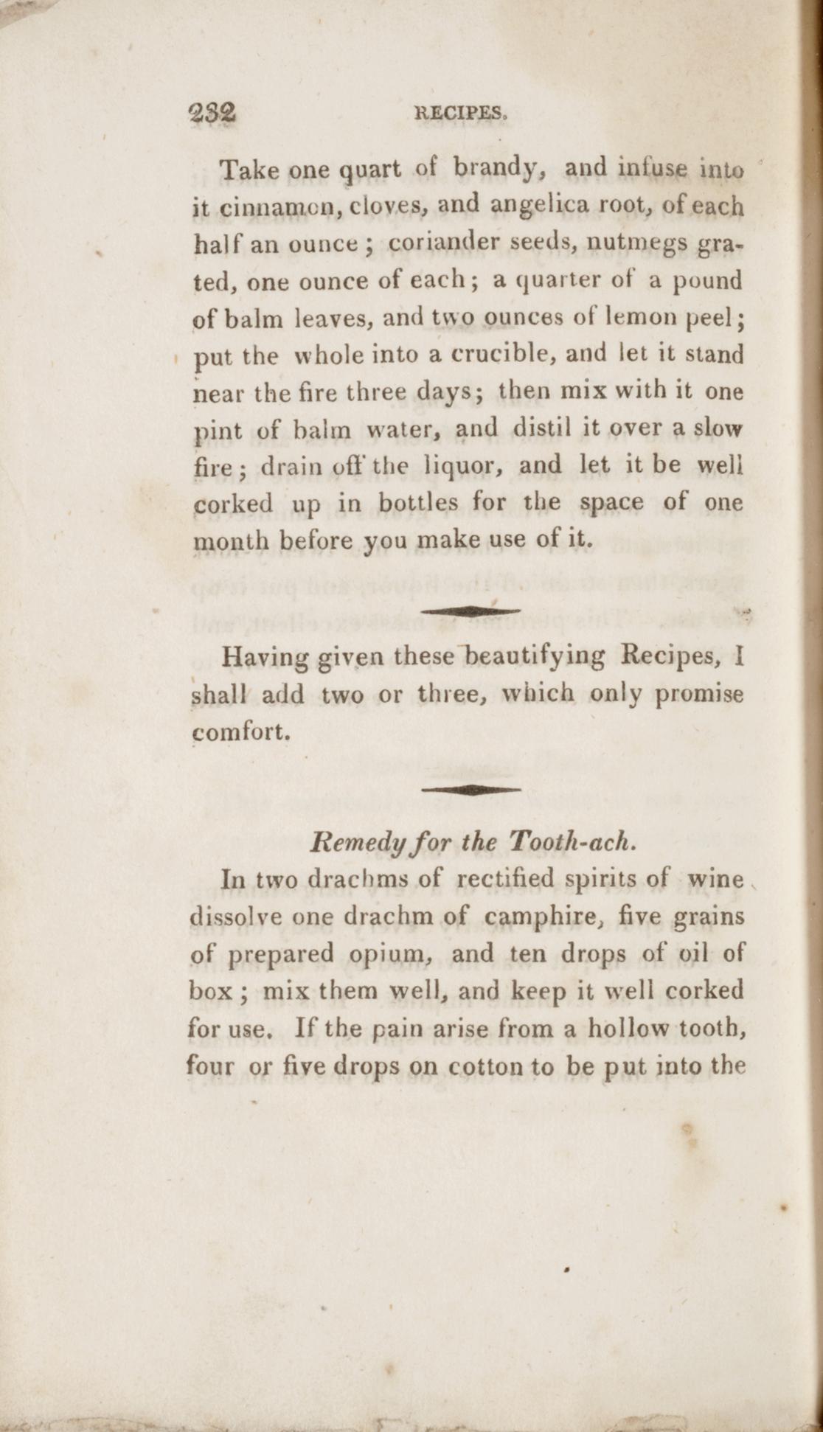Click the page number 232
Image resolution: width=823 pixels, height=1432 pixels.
[x=212, y=114]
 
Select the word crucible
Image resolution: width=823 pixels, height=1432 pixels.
[x=503, y=355]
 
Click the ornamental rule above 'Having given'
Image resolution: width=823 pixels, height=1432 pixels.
[x=470, y=611]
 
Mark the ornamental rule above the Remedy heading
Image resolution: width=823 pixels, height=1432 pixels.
[x=470, y=789]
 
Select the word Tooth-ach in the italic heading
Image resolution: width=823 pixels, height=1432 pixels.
[x=570, y=841]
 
